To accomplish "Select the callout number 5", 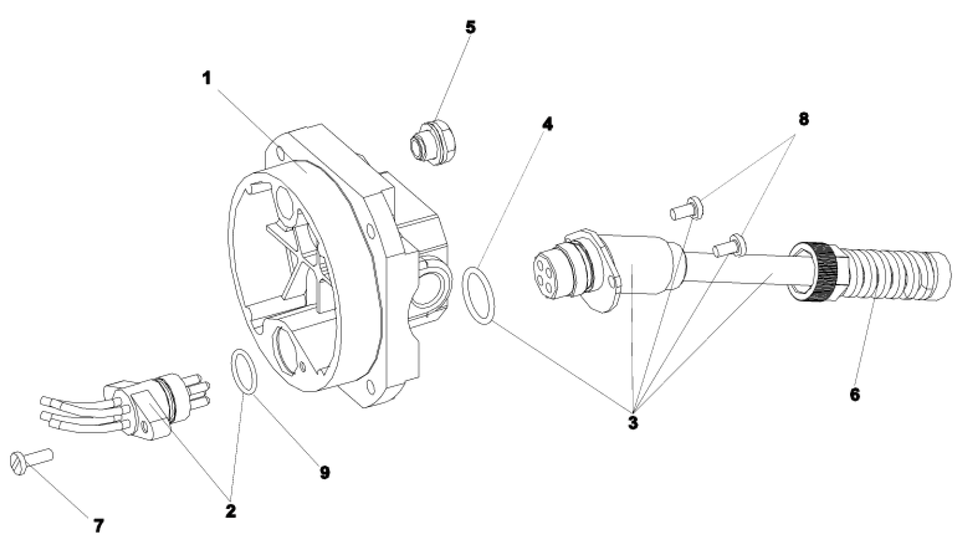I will click(x=471, y=27).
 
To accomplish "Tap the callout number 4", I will click(x=547, y=124).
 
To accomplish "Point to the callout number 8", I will click(x=804, y=119).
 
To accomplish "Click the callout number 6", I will click(x=855, y=394).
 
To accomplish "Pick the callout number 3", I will click(x=633, y=423).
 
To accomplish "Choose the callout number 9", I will click(x=324, y=473).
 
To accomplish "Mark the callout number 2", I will click(x=231, y=511).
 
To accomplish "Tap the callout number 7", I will click(x=98, y=525).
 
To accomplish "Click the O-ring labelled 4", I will click(x=479, y=296).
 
